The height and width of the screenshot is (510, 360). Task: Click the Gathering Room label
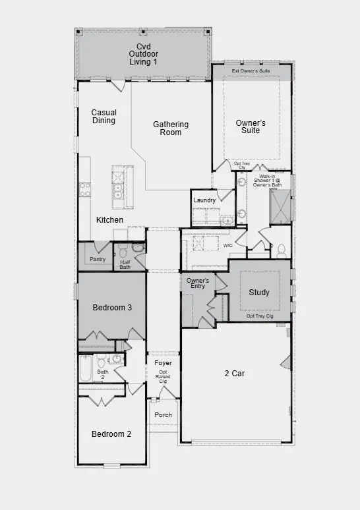(x=171, y=128)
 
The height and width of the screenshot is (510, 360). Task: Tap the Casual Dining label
(x=104, y=117)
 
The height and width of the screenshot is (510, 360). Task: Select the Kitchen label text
(x=109, y=219)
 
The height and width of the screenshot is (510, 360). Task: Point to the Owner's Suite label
(x=251, y=127)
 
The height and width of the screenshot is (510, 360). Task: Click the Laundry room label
(x=204, y=200)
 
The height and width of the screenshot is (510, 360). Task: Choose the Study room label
(x=259, y=293)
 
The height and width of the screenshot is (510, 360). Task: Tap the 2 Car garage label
(x=234, y=374)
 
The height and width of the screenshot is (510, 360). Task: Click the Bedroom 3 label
(x=112, y=308)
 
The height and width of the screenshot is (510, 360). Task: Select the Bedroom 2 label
(x=111, y=434)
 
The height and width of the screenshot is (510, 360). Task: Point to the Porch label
(x=163, y=415)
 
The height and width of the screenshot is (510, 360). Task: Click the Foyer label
(x=163, y=363)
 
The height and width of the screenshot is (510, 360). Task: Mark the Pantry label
(x=98, y=259)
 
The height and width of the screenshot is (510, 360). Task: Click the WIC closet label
(x=228, y=245)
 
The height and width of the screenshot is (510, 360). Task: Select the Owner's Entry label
(x=198, y=283)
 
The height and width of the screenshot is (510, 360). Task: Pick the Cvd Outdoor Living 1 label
(x=144, y=54)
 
